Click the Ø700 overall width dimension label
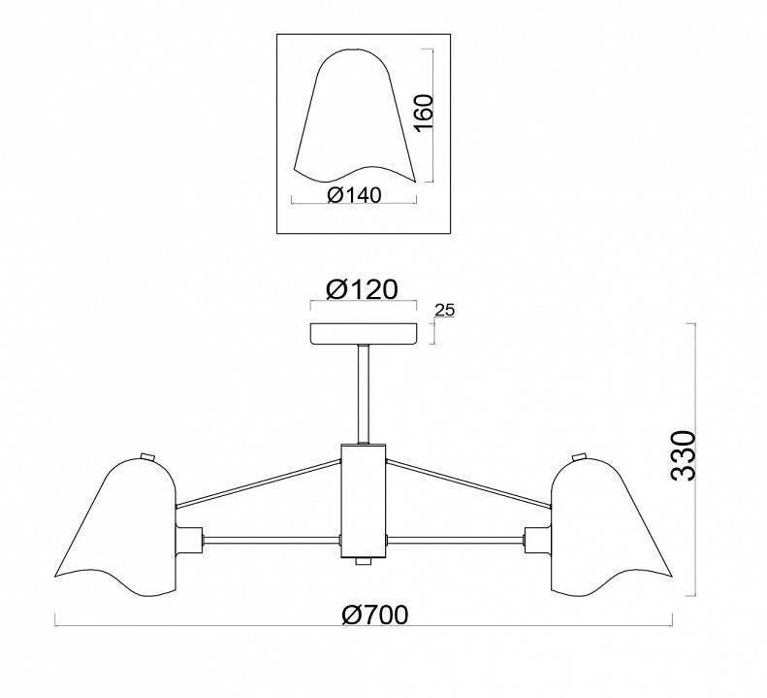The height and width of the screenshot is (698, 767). pyautogui.click(x=374, y=615)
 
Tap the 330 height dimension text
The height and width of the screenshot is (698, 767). pyautogui.click(x=684, y=456)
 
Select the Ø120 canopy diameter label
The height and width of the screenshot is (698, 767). pyautogui.click(x=362, y=289)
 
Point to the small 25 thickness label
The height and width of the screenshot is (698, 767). pyautogui.click(x=444, y=310)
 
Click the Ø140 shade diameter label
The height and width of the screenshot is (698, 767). pyautogui.click(x=354, y=195)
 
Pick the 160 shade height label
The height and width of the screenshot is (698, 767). pyautogui.click(x=424, y=113)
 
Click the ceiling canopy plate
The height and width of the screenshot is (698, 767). pyautogui.click(x=364, y=333)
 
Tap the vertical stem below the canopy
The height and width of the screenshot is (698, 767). pyautogui.click(x=364, y=394)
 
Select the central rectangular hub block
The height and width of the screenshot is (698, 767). pyautogui.click(x=364, y=501)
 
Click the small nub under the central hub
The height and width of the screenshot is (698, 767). pyautogui.click(x=364, y=562)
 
